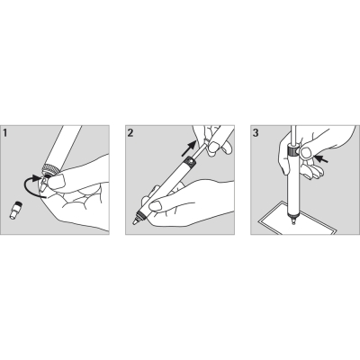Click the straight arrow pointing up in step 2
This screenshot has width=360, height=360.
point(190,146)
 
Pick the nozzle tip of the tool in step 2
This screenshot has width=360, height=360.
point(136,219)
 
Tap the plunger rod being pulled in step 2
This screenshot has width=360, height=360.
point(202,145)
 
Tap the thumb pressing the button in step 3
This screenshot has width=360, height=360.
point(309,156)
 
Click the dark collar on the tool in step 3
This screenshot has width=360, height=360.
point(293,157)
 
